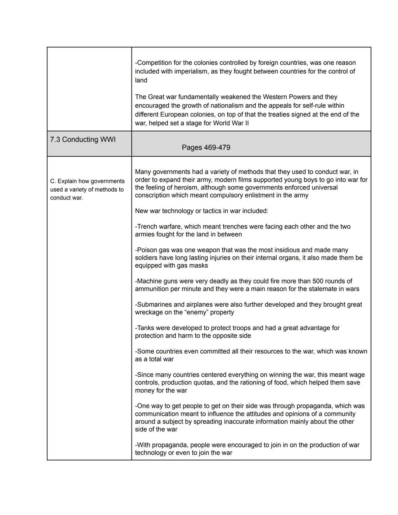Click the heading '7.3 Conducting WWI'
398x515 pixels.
[x=83, y=140]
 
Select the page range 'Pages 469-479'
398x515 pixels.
[x=206, y=147]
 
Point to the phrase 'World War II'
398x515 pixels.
[x=231, y=123]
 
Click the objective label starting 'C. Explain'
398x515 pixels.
[x=87, y=189]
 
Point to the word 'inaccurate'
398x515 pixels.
[x=233, y=422]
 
